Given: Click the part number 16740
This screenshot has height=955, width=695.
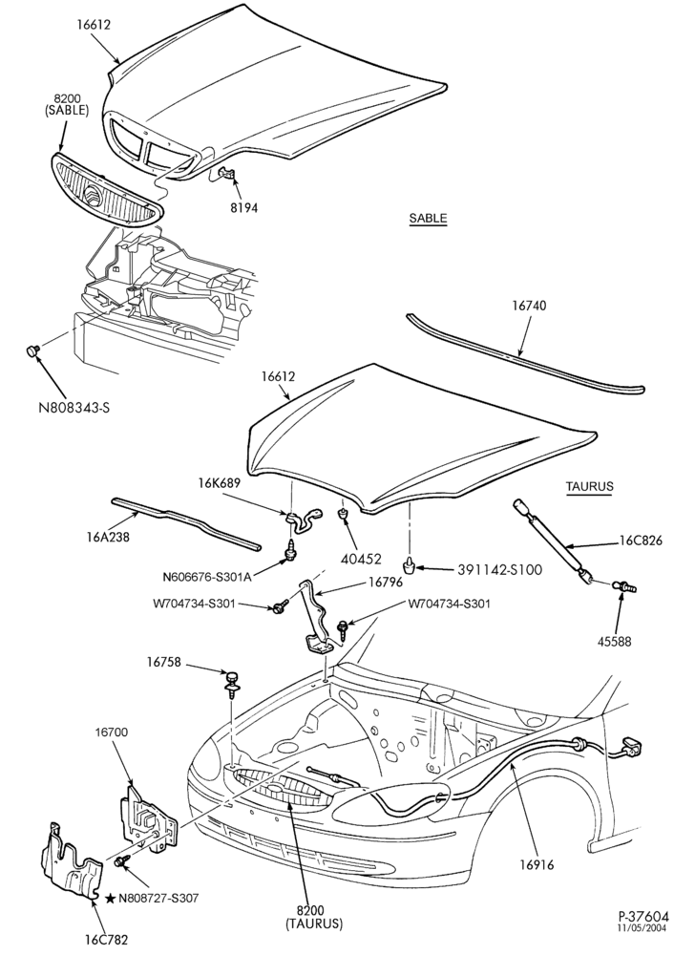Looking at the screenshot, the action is pyautogui.click(x=529, y=306).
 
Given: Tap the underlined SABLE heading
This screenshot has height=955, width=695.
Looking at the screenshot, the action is pyautogui.click(x=428, y=218).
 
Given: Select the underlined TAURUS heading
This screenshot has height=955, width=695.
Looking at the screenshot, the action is pyautogui.click(x=589, y=486).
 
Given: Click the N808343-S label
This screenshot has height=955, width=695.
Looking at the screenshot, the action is pyautogui.click(x=74, y=408).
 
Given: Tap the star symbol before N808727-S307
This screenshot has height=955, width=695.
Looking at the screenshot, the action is pyautogui.click(x=110, y=898).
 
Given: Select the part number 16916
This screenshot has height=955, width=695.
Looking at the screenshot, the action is pyautogui.click(x=537, y=864).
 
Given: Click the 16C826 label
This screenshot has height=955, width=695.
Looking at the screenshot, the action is pyautogui.click(x=641, y=541).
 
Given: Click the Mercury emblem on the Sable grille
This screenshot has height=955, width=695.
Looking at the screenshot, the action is pyautogui.click(x=94, y=198).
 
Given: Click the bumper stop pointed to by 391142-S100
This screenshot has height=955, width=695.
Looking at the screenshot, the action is pyautogui.click(x=412, y=564).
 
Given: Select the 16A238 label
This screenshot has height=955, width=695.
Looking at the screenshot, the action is pyautogui.click(x=108, y=537).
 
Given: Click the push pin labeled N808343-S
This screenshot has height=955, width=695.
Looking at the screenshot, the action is pyautogui.click(x=32, y=350).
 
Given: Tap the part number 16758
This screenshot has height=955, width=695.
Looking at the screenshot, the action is pyautogui.click(x=163, y=662).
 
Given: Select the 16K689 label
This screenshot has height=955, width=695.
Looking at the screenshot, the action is pyautogui.click(x=219, y=483).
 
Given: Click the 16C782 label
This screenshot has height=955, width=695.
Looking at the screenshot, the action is pyautogui.click(x=107, y=940).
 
